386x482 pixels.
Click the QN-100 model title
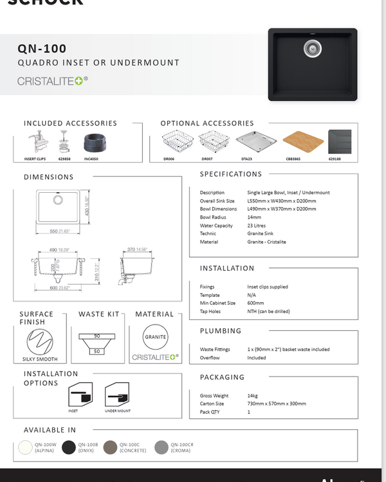click(x=42, y=48)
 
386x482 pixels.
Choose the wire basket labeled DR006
click(x=170, y=141)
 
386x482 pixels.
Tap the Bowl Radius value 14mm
click(x=254, y=217)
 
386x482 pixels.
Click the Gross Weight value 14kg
click(x=253, y=396)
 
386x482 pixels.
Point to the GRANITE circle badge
click(x=156, y=337)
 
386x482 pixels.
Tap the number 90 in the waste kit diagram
click(x=97, y=336)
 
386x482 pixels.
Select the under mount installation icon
click(x=117, y=393)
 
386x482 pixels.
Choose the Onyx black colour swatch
click(x=69, y=447)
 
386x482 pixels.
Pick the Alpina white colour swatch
click(x=26, y=447)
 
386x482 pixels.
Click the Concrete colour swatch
click(x=111, y=447)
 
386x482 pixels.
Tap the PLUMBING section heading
click(x=221, y=331)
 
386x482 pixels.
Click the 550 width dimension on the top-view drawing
click(x=54, y=231)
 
